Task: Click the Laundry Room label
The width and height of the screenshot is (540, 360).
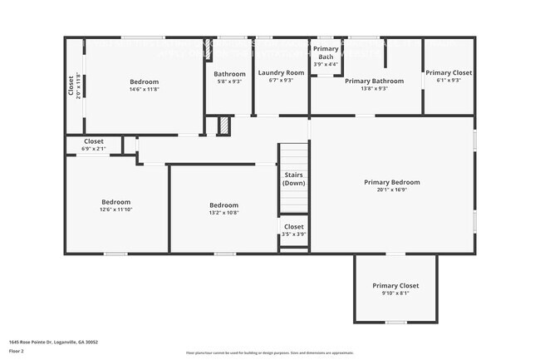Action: coord(281,73)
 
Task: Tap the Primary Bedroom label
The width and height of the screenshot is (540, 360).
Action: coord(392,182)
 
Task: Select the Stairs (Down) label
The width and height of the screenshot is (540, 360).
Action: coord(293,180)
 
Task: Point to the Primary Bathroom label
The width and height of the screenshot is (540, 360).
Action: coord(374,81)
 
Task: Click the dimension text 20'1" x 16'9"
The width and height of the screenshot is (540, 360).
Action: coord(392,190)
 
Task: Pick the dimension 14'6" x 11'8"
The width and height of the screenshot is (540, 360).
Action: coord(144,89)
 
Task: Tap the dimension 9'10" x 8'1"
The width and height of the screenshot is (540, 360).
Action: coord(395,293)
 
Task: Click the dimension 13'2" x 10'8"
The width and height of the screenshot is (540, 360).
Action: coord(223,213)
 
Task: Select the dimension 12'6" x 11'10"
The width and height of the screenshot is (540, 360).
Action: coord(116,210)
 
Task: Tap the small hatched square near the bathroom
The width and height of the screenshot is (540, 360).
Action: coord(223,125)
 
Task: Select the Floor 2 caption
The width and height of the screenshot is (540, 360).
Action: coord(17,351)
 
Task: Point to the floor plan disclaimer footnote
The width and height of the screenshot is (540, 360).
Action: coord(269,353)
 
